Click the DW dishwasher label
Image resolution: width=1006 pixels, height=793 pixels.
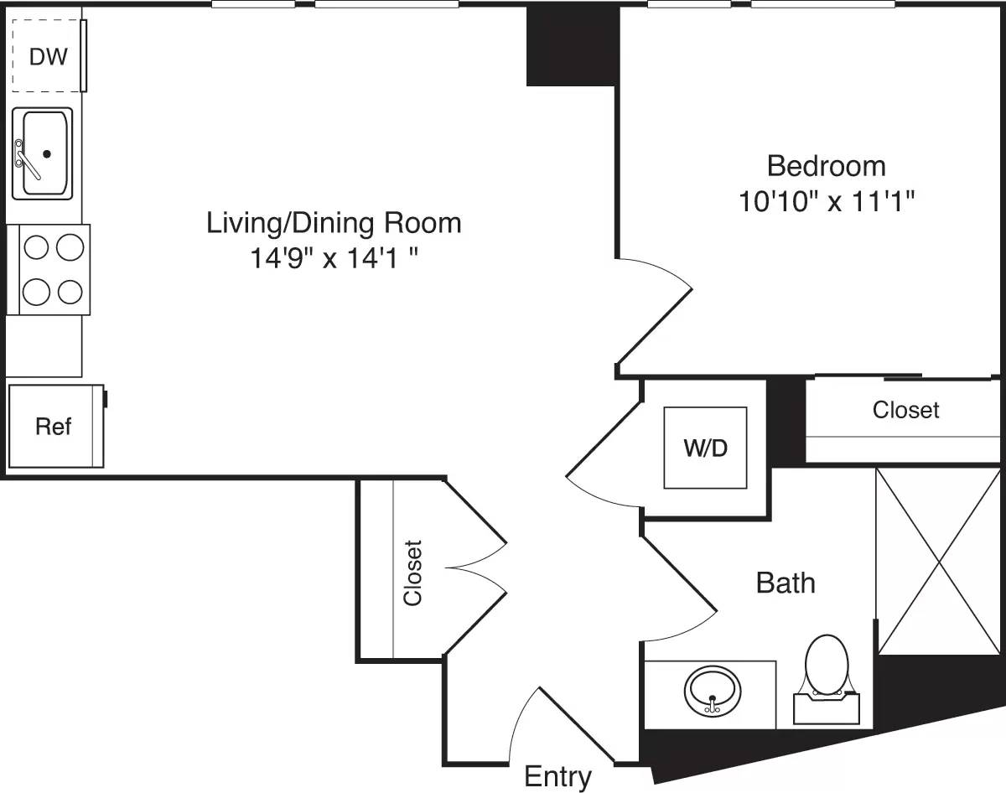pos(47,57)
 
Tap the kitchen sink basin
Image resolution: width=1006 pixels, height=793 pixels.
pos(46,153)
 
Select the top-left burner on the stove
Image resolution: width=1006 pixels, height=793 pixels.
pos(35,247)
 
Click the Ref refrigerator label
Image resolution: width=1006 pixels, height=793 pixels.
pos(53,427)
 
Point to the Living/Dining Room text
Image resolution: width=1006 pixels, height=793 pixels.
pos(334,223)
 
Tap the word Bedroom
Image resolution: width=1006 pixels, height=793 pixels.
pos(826,166)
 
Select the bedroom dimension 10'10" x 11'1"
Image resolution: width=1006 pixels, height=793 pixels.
pos(826,202)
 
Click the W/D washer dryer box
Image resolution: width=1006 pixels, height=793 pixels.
pos(705,448)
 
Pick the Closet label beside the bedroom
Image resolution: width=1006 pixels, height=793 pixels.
pos(905,410)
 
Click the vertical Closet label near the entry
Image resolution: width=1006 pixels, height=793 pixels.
pos(412,572)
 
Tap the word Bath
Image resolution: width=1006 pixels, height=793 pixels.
pos(786,583)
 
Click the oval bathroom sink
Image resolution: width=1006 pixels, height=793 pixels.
pos(713,690)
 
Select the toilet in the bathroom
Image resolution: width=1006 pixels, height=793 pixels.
pos(827,671)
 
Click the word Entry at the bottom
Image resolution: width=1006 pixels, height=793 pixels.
pos(557,777)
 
